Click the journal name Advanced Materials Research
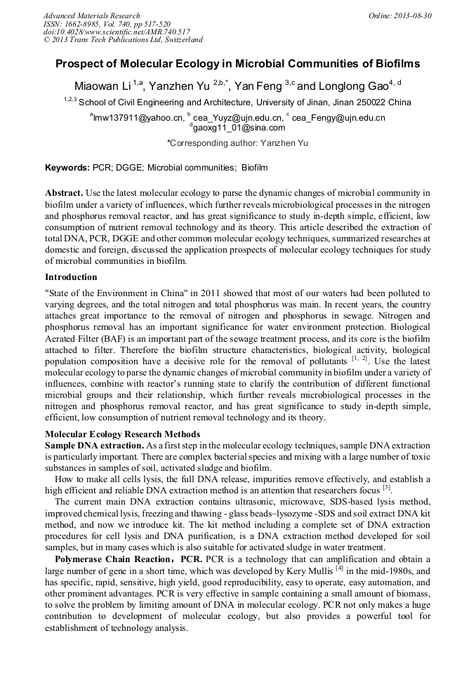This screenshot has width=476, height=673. (x=91, y=15)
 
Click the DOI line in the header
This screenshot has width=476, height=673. (x=117, y=32)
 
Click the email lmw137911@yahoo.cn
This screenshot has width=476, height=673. (x=138, y=118)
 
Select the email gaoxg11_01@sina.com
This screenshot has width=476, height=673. (x=239, y=128)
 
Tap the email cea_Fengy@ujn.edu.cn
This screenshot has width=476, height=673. (x=338, y=118)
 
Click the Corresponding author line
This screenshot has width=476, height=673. (x=237, y=143)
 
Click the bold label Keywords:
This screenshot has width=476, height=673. (x=67, y=168)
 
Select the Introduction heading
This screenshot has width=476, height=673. (x=71, y=277)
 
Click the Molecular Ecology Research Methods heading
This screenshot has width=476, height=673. (x=122, y=434)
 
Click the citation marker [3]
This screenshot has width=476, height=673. (x=386, y=487)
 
